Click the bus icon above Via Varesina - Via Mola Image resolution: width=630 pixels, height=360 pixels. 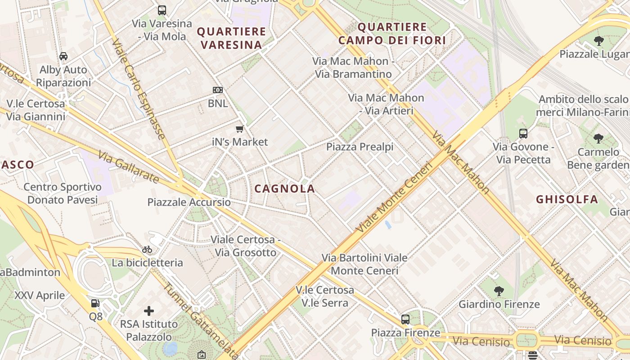[162, 10]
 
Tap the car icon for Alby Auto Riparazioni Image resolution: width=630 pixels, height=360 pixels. [63, 56]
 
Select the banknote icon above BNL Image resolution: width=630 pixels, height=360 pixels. [218, 90]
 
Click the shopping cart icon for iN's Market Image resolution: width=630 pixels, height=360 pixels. [240, 129]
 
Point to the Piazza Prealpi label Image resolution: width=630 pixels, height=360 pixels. [360, 147]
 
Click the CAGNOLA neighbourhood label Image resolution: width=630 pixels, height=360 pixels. [284, 189]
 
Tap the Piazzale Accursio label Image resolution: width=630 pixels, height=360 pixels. [189, 202]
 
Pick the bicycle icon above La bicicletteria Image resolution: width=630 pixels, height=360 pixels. [147, 249]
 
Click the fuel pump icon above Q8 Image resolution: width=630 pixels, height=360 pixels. [95, 303]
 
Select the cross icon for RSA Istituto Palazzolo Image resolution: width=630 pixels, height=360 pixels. [149, 310]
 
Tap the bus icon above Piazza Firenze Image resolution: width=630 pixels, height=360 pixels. [405, 319]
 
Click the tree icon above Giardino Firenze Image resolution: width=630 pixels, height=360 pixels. [499, 291]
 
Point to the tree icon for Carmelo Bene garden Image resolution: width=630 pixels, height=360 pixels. [598, 139]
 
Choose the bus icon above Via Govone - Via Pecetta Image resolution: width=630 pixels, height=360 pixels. [523, 134]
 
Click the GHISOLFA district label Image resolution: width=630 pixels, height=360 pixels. [567, 199]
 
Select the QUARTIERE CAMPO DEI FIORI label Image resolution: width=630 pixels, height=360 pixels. [391, 34]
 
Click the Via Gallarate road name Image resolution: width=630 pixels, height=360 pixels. [128, 167]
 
